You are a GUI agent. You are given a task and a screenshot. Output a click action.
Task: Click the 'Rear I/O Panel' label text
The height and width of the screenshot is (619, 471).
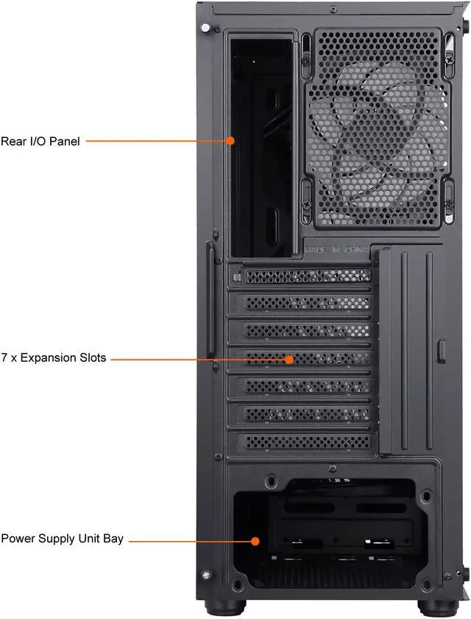click(x=40, y=140)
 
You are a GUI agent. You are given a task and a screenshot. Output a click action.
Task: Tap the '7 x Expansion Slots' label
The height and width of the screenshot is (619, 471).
click(x=53, y=358)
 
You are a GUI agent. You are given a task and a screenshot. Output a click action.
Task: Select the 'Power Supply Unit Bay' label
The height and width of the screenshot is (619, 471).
click(x=62, y=539)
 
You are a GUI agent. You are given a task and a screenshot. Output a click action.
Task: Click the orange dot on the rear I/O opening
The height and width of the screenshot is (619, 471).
click(x=230, y=140)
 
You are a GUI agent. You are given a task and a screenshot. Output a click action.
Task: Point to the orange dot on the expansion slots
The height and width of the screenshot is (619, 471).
click(x=289, y=360)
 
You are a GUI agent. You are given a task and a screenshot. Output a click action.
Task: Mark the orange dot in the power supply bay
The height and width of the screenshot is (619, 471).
click(x=255, y=540)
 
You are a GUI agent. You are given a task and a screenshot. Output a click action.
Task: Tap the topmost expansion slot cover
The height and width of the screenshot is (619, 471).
click(x=306, y=276)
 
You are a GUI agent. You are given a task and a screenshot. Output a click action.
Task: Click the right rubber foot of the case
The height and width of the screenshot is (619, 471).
click(x=433, y=609)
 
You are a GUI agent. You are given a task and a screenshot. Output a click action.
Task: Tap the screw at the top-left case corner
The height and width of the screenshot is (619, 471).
click(x=206, y=28)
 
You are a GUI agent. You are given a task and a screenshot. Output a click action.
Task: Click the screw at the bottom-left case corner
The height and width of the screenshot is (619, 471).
click(x=206, y=573)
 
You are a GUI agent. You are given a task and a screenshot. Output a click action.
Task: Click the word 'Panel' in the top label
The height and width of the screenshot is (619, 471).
click(x=65, y=140)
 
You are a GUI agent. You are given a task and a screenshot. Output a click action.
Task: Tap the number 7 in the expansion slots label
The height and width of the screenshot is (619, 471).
click(x=4, y=358)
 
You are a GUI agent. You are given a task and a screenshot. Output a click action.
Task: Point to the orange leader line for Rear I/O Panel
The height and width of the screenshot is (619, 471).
click(x=158, y=140)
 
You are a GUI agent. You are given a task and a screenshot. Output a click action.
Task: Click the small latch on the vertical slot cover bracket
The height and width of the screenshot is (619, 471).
click(x=442, y=349)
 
